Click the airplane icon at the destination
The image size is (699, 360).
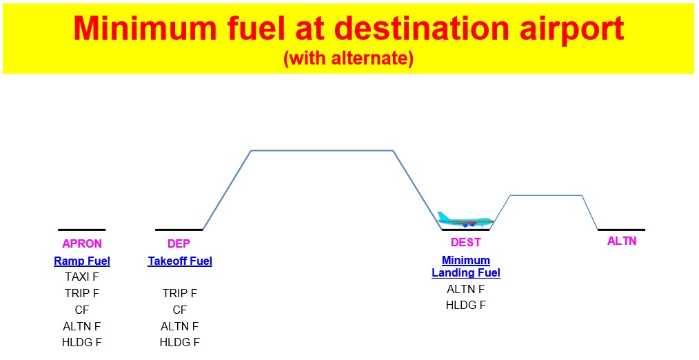click(x=465, y=219)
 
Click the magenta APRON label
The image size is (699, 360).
click(x=82, y=243)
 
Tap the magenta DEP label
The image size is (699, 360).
click(x=179, y=243)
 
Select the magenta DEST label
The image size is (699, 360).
click(x=466, y=243)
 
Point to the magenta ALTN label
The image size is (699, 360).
click(x=622, y=241)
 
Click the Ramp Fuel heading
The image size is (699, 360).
click(x=82, y=261)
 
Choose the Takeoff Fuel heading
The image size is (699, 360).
click(x=180, y=261)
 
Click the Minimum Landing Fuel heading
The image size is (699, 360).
click(x=466, y=267)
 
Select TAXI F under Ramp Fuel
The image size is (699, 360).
click(x=82, y=277)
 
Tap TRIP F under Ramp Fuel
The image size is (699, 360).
click(x=82, y=294)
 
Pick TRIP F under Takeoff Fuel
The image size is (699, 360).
click(x=180, y=294)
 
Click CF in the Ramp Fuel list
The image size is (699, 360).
click(x=82, y=310)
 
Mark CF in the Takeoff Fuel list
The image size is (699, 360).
click(x=180, y=310)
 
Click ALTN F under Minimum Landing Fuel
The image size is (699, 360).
click(x=466, y=289)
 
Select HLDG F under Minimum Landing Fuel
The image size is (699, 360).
click(x=466, y=305)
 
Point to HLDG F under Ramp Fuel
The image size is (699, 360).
click(x=82, y=342)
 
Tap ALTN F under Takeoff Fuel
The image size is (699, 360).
click(x=180, y=326)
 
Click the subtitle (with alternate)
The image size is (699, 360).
click(x=348, y=59)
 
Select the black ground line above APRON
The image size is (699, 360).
click(x=81, y=229)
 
